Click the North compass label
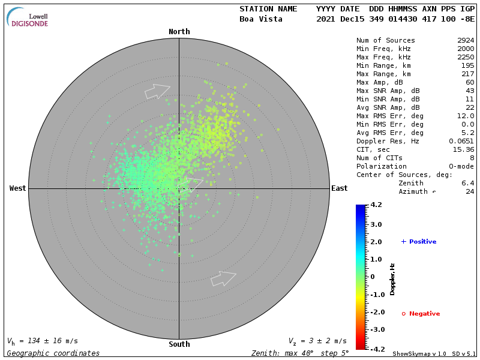[179, 32]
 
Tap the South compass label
[179, 344]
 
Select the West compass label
[18, 188]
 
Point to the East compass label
[340, 188]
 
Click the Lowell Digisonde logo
[29, 18]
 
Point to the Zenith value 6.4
[468, 184]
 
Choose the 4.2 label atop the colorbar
[376, 205]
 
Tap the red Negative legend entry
[421, 314]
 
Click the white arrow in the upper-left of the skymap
[157, 91]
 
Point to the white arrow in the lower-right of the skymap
[223, 278]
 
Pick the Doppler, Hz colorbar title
[392, 279]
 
